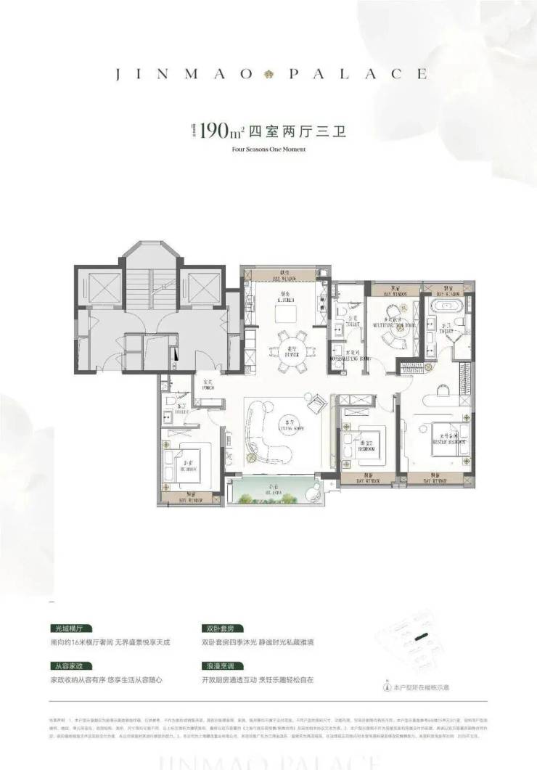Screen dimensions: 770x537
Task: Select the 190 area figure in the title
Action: pyautogui.click(x=218, y=131)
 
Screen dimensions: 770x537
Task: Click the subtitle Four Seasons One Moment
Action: pyautogui.click(x=268, y=150)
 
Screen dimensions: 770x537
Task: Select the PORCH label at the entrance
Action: pyautogui.click(x=207, y=385)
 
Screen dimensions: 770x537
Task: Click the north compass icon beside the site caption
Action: pyautogui.click(x=387, y=685)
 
